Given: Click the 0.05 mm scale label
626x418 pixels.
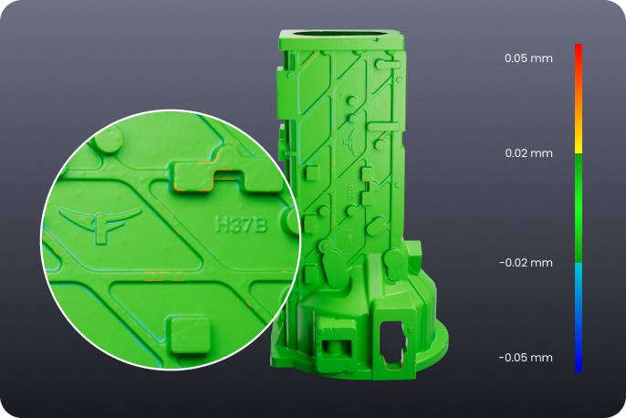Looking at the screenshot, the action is click(x=528, y=58).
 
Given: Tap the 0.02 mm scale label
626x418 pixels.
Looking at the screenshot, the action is click(x=528, y=153).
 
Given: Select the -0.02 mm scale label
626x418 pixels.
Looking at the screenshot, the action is click(x=526, y=263).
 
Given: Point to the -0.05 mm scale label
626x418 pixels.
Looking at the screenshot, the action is click(x=526, y=358).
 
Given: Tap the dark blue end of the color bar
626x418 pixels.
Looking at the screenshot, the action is click(x=579, y=365).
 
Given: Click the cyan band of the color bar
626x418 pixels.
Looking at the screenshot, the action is click(x=579, y=269).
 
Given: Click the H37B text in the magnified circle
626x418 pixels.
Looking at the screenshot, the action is click(x=241, y=225).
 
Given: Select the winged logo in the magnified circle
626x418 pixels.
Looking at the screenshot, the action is click(x=99, y=223).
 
